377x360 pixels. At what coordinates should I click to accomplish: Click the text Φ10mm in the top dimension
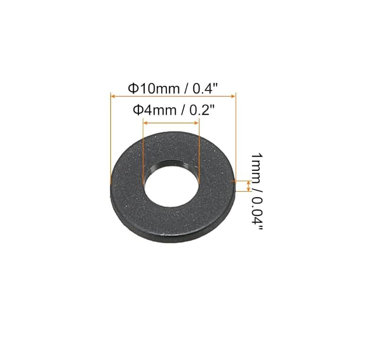click(x=154, y=89)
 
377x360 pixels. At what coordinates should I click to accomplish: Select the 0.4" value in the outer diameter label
click(x=205, y=88)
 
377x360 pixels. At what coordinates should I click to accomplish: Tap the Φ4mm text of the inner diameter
click(x=155, y=110)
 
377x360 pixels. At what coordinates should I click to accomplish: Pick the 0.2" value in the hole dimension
click(x=202, y=110)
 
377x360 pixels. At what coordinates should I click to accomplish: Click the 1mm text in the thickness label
click(x=257, y=166)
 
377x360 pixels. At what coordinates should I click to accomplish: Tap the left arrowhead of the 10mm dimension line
click(x=113, y=96)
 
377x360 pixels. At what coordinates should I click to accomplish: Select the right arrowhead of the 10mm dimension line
click(x=233, y=96)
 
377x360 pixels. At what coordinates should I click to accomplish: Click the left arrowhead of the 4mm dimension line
click(x=145, y=123)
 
